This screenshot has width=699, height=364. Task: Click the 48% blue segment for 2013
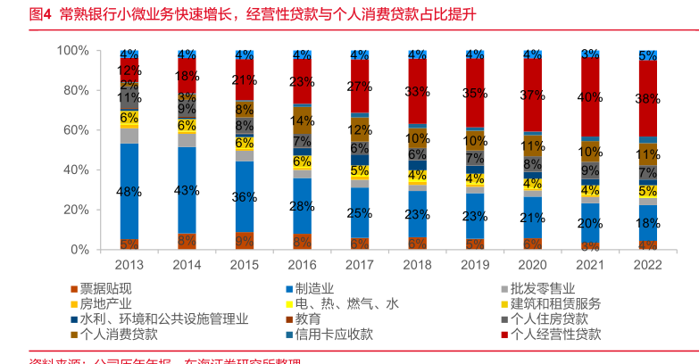tap(129, 191)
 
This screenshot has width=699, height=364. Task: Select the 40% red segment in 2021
tap(589, 96)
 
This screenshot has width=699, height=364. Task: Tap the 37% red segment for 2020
tap(532, 95)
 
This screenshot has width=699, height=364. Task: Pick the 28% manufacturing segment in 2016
tap(302, 205)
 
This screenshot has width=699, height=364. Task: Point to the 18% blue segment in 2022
tap(647, 223)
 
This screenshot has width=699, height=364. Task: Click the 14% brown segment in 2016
tap(302, 120)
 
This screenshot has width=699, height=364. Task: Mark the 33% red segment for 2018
tap(417, 91)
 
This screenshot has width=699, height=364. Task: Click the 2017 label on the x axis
tap(359, 265)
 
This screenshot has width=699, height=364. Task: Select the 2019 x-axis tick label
tap(474, 265)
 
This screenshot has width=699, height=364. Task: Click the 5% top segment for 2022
tap(647, 55)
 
